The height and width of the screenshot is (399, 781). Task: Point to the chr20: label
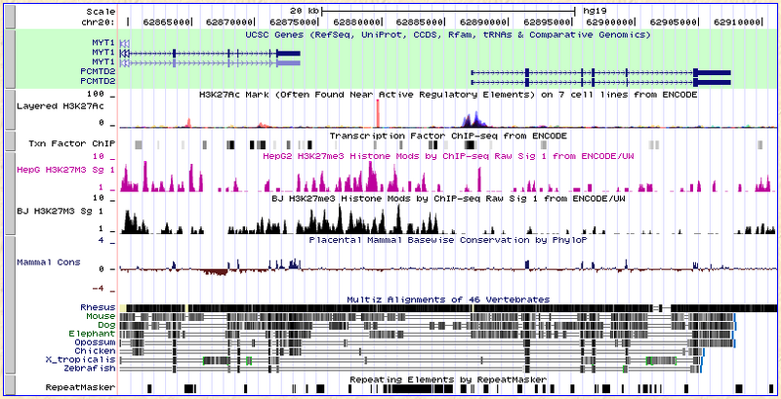click(98, 19)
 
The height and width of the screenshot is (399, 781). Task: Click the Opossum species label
click(95, 342)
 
